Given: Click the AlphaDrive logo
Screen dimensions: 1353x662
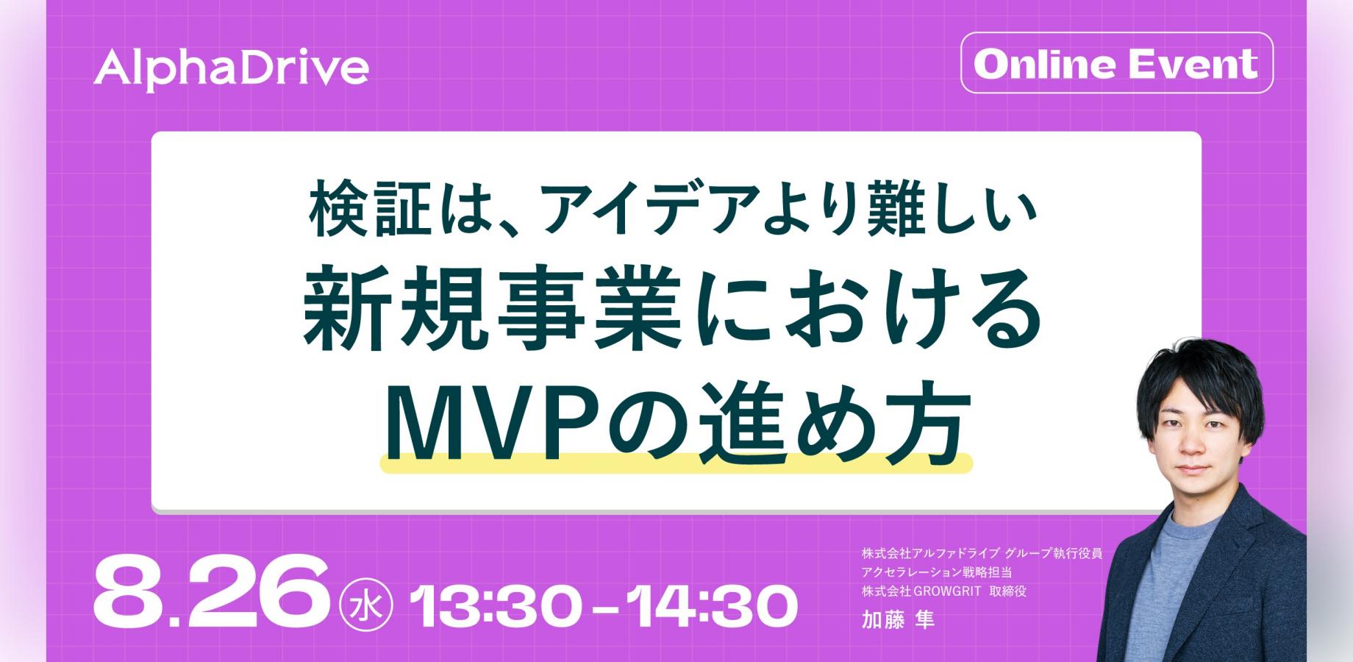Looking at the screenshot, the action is point(231,68).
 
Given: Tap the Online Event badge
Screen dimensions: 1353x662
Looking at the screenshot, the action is point(1116,63).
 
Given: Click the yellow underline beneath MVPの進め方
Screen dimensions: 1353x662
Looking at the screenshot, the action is point(676,463).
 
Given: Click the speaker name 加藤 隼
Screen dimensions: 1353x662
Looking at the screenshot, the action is point(898,620).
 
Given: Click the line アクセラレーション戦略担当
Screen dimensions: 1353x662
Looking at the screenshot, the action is point(937,572).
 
